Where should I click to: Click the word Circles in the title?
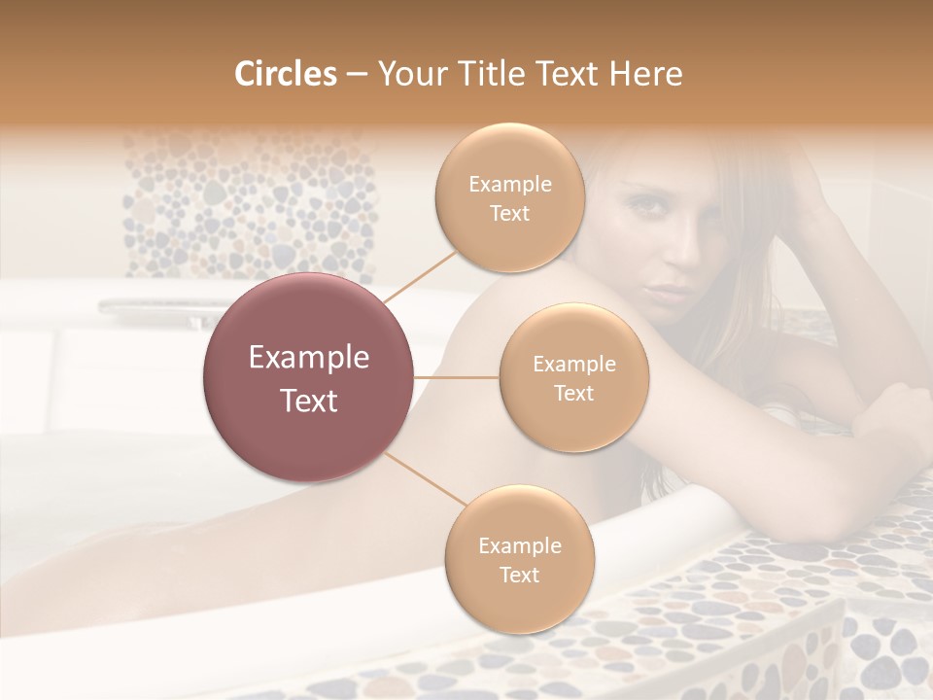pyautogui.click(x=285, y=74)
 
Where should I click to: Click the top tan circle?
pyautogui.click(x=509, y=197)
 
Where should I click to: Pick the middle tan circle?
pyautogui.click(x=573, y=377)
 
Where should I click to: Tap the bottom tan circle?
pyautogui.click(x=519, y=559)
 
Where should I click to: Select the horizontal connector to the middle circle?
pyautogui.click(x=457, y=377)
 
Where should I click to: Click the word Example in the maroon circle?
pyautogui.click(x=309, y=358)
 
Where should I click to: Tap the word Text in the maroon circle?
pyautogui.click(x=309, y=401)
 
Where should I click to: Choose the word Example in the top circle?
pyautogui.click(x=510, y=184)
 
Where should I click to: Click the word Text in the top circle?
pyautogui.click(x=510, y=213)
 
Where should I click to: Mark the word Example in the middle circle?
pyautogui.click(x=574, y=364)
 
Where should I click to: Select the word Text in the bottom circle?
pyautogui.click(x=520, y=575)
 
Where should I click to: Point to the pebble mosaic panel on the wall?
pyautogui.click(x=248, y=204)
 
